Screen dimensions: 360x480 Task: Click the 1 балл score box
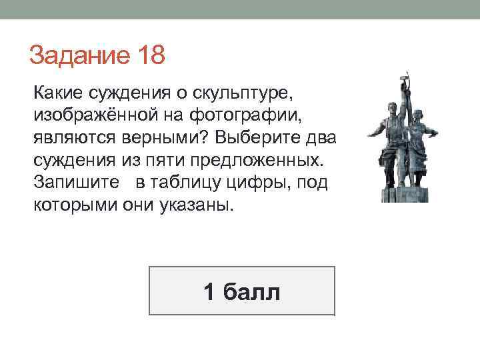[241, 291]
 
